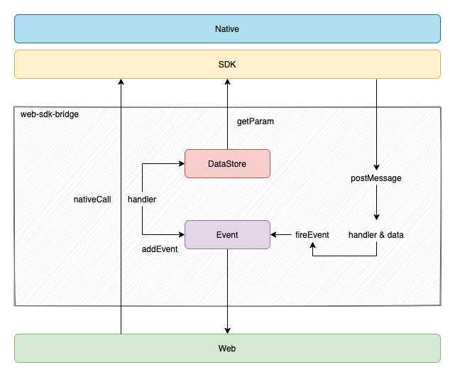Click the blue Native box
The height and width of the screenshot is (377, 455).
point(227,29)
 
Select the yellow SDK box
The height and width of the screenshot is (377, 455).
point(227,64)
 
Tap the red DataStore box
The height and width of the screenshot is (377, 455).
point(227,163)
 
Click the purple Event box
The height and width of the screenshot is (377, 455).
point(227,234)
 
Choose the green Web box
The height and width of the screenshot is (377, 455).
point(227,348)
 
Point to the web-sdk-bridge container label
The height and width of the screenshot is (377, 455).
point(50,114)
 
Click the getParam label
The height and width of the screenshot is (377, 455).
point(255,121)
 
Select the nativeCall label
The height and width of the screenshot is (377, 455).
point(92,200)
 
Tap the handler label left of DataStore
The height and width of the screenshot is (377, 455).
point(142,200)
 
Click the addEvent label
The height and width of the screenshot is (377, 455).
point(160,249)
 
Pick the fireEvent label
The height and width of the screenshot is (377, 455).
point(312,235)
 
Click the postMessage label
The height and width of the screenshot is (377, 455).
point(376,178)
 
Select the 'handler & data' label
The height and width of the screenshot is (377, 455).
point(376,235)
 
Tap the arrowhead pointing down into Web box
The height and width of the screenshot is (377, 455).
point(227,329)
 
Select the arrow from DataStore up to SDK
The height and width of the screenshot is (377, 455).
point(227,114)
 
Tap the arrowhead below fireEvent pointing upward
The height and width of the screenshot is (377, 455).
point(312,246)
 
